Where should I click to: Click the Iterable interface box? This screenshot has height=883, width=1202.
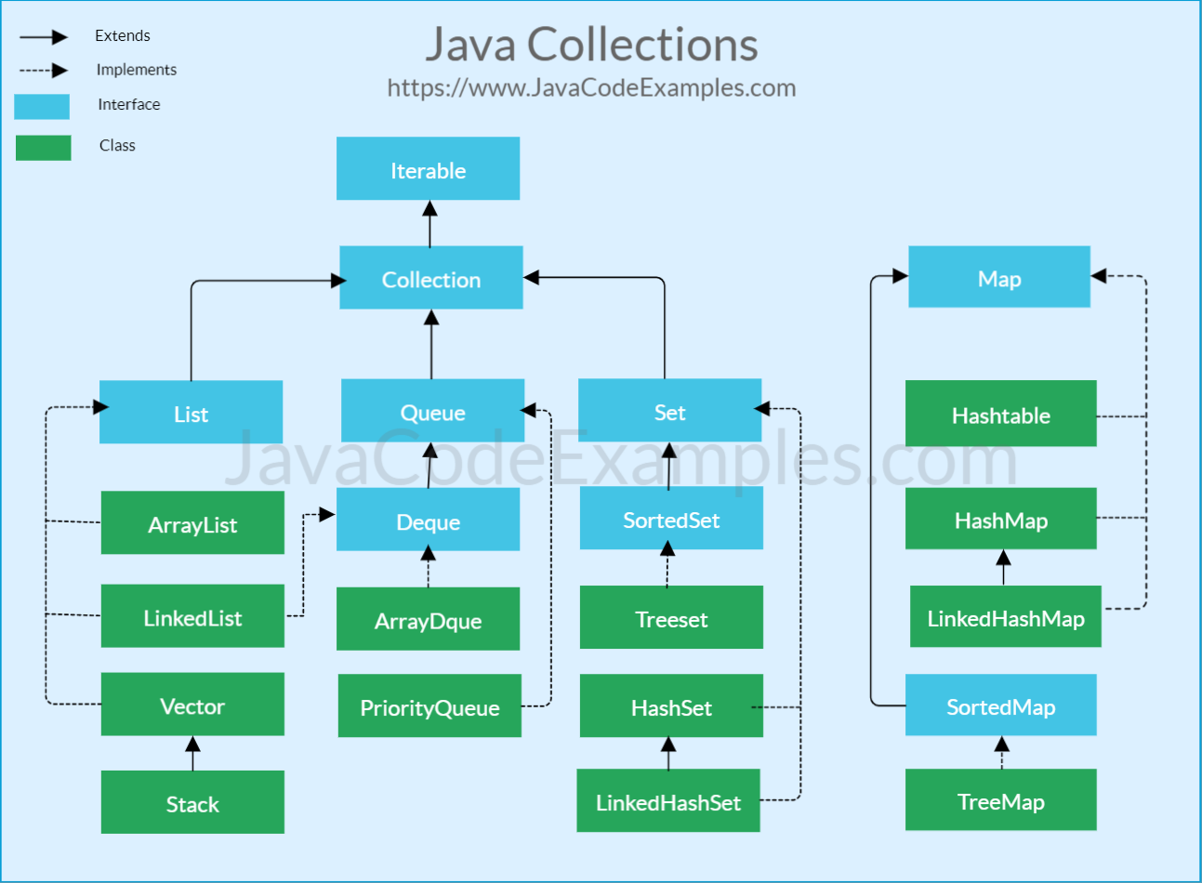pos(428,169)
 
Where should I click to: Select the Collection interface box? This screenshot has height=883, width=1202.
pos(430,278)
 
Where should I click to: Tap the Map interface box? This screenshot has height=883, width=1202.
pos(998,277)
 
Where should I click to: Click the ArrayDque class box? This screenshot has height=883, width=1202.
pos(428,619)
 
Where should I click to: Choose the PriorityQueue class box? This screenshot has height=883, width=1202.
pos(429,706)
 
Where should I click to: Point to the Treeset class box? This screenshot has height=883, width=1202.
pos(671,618)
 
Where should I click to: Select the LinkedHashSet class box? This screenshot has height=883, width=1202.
pos(668,801)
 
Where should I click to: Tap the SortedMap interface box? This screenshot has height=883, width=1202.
pos(1000,705)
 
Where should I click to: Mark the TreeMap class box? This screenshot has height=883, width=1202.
pos(1000,800)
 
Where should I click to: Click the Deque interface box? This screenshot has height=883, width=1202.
pos(428,521)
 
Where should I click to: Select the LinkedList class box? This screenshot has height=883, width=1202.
pos(192,616)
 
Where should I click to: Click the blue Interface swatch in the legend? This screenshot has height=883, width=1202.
pos(42,106)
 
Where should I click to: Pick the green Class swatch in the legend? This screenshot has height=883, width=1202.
pos(43,148)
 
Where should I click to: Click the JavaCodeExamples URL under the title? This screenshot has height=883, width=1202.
pos(591,88)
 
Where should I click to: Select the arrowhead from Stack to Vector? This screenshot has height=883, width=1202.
pos(192,745)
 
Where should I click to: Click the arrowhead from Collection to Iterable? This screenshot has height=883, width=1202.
pos(429,209)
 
